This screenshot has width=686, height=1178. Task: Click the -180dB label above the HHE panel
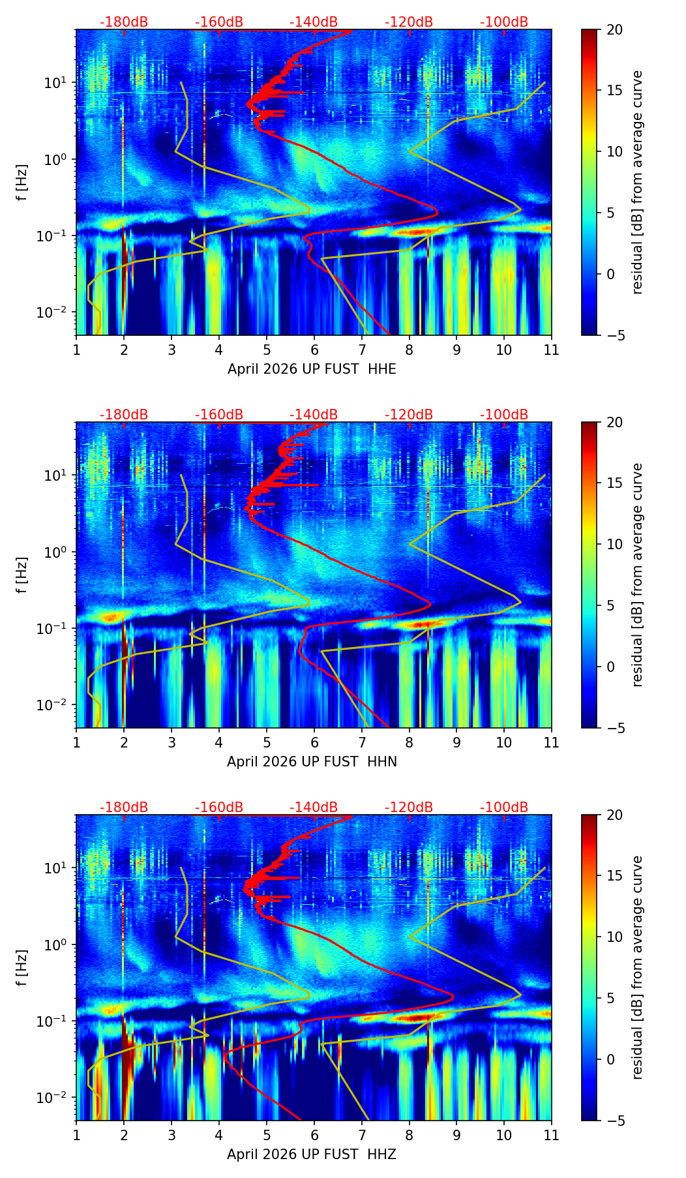[124, 22]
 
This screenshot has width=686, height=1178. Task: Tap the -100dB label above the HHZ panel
[504, 808]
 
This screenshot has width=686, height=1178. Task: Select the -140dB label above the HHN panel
[314, 415]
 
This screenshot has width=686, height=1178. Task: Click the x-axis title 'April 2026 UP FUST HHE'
[312, 369]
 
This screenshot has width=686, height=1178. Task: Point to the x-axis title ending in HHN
[312, 762]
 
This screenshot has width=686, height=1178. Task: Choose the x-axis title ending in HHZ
[312, 1155]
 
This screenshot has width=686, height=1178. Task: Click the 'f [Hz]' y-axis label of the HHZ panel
[23, 967]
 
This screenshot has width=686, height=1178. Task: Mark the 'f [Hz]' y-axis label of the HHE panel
[23, 182]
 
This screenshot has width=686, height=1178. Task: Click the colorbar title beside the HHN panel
[638, 575]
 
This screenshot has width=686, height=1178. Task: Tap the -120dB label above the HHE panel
[409, 22]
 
